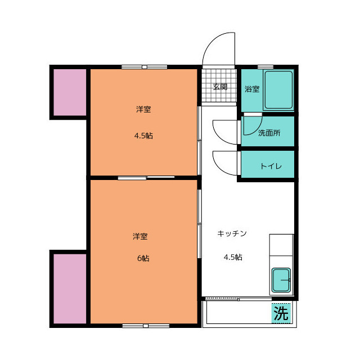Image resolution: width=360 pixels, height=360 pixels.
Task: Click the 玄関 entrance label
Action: point(220,87)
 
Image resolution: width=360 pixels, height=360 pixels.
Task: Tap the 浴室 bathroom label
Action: point(251,89)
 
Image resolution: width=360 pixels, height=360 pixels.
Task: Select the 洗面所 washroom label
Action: point(269,133)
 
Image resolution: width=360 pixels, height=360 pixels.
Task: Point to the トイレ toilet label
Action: point(268,166)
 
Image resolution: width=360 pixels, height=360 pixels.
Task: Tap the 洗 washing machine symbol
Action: point(281,313)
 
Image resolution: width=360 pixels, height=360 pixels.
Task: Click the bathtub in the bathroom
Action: point(278,89)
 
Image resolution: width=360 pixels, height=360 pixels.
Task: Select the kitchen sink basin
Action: point(281,280)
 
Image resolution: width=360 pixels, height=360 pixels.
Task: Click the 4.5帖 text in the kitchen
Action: point(233,258)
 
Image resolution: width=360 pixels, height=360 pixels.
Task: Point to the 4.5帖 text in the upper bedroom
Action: point(143,136)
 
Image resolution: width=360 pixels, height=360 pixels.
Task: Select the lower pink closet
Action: point(69,288)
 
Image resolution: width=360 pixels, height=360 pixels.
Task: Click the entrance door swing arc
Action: point(218,48)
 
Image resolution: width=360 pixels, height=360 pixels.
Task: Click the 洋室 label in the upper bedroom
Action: point(143,110)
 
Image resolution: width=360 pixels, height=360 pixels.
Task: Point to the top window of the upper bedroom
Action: point(144,67)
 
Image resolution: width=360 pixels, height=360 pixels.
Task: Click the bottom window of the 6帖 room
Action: point(144,326)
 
